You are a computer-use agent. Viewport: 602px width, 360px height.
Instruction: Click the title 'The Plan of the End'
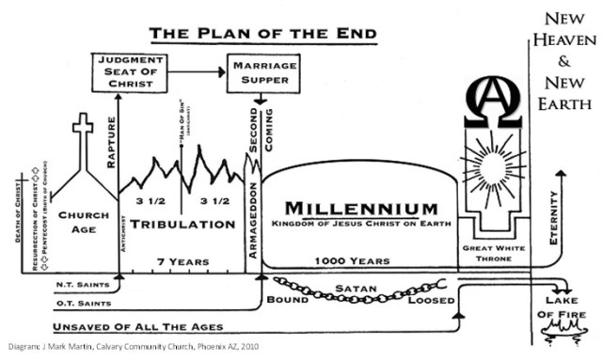point(262,34)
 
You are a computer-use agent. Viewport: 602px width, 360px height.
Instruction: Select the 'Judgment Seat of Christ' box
point(132,71)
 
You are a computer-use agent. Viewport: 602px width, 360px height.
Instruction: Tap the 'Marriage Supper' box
point(263,71)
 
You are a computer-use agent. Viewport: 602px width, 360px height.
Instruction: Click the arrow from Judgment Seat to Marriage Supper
point(197,68)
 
